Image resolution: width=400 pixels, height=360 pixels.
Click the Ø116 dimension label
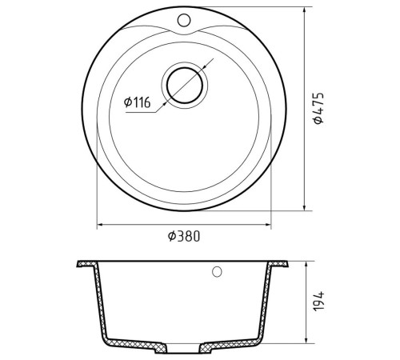click(138, 102)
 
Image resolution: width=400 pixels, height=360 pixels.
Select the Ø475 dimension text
click(318, 108)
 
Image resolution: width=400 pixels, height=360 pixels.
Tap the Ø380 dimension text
click(184, 236)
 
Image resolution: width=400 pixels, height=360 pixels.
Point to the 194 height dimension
click(318, 302)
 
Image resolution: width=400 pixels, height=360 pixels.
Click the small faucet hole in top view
click(184, 20)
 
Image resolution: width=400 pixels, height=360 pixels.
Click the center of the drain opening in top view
click(185, 86)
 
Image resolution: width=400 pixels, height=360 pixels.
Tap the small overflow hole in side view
click(217, 272)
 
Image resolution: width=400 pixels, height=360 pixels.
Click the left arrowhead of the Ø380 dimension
click(99, 225)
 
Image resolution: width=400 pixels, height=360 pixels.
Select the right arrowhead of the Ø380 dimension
click(268, 225)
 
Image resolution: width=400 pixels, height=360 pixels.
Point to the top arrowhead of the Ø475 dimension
click(304, 10)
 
